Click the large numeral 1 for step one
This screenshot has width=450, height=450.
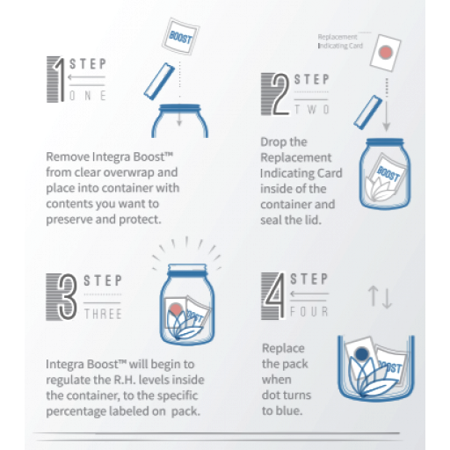pos(60,79)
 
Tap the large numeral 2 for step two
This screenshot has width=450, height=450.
pos(280,94)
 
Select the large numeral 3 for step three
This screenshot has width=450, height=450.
pos(68,297)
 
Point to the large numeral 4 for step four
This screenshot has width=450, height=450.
pos(275,295)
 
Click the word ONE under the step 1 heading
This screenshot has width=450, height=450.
pos(87,96)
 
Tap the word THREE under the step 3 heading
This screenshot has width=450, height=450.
pos(103,314)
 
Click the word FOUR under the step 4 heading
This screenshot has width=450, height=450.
pos(309,312)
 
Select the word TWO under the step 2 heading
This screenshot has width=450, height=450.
pos(312,109)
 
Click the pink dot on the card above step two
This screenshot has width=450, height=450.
pos(386,53)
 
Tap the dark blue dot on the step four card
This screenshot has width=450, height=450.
pos(361,353)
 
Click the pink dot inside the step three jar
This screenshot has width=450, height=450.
pos(176,309)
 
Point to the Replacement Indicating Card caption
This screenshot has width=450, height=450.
pos(340,41)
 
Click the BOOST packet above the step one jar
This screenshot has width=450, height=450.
pos(181,37)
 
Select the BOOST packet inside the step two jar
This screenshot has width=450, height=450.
pos(388,173)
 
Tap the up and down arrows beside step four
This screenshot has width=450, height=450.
pos(380,297)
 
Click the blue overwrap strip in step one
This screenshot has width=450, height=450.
pos(159,81)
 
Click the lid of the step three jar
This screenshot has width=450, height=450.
pos(187,270)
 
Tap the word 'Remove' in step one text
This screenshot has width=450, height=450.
pos(68,156)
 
